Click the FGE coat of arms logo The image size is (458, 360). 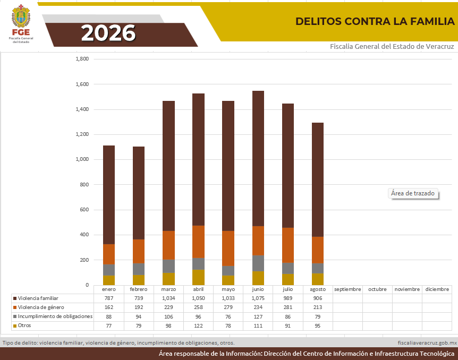point(21,16)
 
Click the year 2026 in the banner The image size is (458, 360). point(108,33)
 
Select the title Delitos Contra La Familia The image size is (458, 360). point(375,21)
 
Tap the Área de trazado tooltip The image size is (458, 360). point(413,193)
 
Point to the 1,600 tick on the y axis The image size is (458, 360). point(82,84)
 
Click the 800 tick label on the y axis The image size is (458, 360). point(84,185)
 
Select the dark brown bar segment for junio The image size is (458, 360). point(258,159)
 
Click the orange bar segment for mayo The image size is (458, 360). point(228,248)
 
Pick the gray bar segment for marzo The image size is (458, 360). point(168,266)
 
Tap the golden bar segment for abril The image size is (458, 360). point(198,277)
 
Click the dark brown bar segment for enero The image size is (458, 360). point(109,195)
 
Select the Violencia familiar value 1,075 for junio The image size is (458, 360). point(258,298)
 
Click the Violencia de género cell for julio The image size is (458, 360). point(287,307)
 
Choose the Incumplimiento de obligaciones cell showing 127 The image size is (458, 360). point(258,316)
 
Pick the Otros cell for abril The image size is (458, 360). point(198,326)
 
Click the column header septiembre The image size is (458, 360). point(347,289)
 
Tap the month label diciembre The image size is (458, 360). point(437,289)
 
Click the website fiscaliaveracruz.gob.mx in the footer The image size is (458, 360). point(427,343)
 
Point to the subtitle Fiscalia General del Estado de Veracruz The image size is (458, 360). point(392,46)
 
